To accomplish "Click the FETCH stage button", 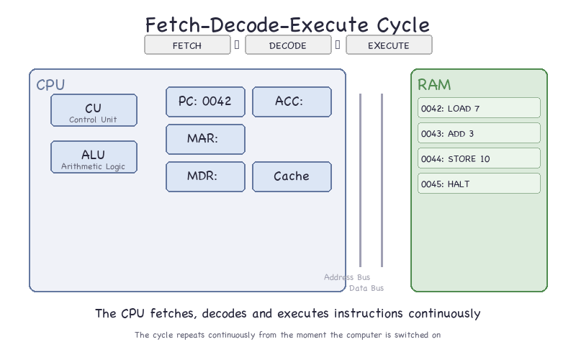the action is click(187, 45).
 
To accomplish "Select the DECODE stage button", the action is click(288, 45).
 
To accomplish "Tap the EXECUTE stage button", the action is click(389, 45).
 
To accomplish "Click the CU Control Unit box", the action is click(94, 110).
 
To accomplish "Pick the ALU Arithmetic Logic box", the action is click(94, 157).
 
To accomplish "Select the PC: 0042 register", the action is click(205, 102).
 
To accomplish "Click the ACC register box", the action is click(292, 102).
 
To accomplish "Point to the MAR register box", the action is click(205, 139).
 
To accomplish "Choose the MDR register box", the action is click(205, 176).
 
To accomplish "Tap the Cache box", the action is click(292, 176).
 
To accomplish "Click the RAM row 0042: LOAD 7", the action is click(479, 107).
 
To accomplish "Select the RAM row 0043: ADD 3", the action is click(479, 133).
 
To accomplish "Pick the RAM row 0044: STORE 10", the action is click(479, 158).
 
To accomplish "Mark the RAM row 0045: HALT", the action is click(479, 184).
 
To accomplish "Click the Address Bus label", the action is click(347, 277).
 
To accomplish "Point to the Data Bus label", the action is click(366, 289).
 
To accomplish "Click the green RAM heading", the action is click(434, 85).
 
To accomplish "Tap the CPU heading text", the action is click(50, 85).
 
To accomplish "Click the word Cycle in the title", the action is click(403, 25).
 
